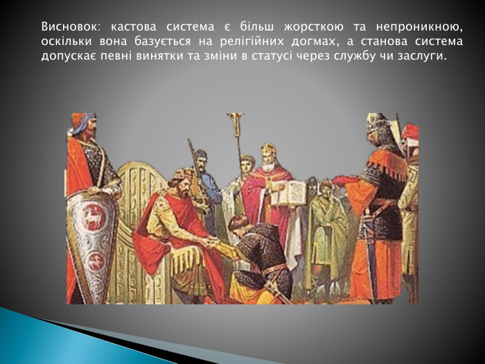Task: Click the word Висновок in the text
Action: tap(70, 28)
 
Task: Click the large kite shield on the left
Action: tap(91, 243)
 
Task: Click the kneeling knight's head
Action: tap(239, 223)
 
